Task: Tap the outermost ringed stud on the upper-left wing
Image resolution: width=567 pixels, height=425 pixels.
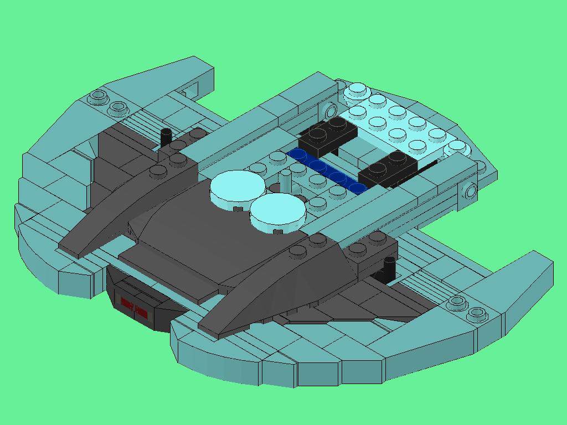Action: [99, 97]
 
